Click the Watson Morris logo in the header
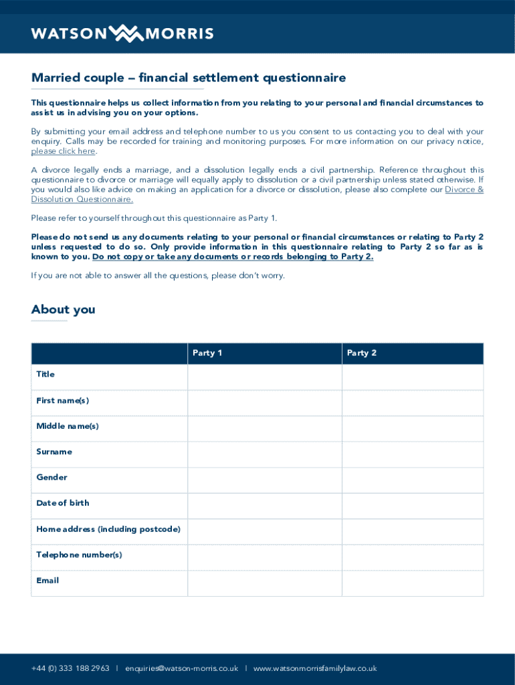pyautogui.click(x=122, y=33)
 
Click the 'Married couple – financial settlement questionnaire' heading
pyautogui.click(x=189, y=78)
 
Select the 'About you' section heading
pyautogui.click(x=63, y=309)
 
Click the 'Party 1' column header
pyautogui.click(x=207, y=353)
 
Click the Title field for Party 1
pyautogui.click(x=265, y=377)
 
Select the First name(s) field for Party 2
pyautogui.click(x=412, y=403)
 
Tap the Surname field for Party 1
pyautogui.click(x=265, y=454)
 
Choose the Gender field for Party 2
pyautogui.click(x=412, y=480)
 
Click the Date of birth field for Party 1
pyautogui.click(x=265, y=506)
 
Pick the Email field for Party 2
pyautogui.click(x=412, y=583)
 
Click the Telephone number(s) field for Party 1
pyautogui.click(x=265, y=557)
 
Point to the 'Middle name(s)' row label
pyautogui.click(x=68, y=426)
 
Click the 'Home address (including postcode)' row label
pyautogui.click(x=108, y=529)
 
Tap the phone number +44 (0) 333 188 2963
pyautogui.click(x=70, y=668)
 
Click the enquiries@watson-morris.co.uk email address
pyautogui.click(x=181, y=668)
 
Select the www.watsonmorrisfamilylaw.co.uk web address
pyautogui.click(x=315, y=668)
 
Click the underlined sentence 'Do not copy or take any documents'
pyautogui.click(x=233, y=257)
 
